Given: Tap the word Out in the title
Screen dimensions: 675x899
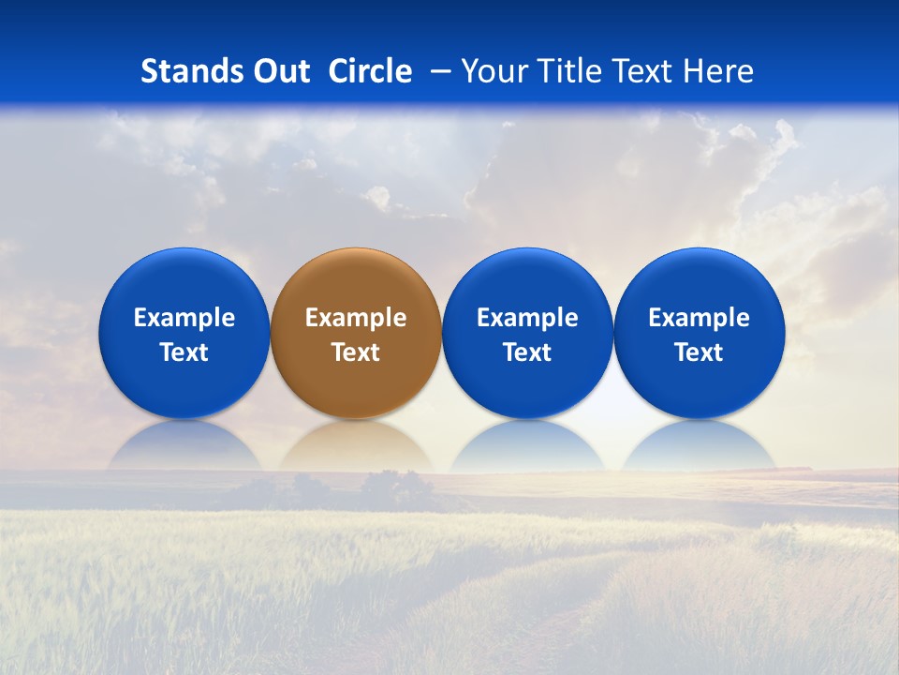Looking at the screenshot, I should coord(280,71).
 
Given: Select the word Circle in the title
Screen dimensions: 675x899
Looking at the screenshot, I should coord(370,71).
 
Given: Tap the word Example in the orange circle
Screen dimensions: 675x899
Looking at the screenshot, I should coord(356,318).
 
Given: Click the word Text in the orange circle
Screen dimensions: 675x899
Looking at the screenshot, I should coord(356,352).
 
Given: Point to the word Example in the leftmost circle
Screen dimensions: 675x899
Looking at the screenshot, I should coord(184,318).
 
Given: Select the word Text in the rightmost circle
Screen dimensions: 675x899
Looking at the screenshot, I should coord(700,352).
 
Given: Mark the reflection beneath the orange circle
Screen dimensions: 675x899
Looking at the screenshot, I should coord(356,448).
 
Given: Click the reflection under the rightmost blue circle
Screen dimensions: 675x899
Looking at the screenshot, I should coord(700,448).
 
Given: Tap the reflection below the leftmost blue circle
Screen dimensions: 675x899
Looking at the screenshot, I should coord(184,448).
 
